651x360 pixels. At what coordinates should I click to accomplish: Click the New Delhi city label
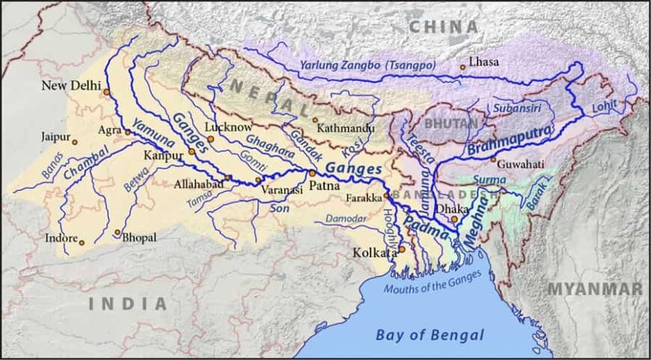pyautogui.click(x=70, y=85)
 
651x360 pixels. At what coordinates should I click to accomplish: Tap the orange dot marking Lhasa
pyautogui.click(x=462, y=67)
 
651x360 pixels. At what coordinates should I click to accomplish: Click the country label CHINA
pyautogui.click(x=443, y=27)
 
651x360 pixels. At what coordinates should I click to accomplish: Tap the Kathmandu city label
pyautogui.click(x=346, y=128)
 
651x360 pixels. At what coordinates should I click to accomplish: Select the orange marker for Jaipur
pyautogui.click(x=75, y=141)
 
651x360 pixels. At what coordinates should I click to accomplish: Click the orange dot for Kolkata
pyautogui.click(x=401, y=249)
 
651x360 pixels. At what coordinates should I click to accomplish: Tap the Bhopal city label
pyautogui.click(x=140, y=237)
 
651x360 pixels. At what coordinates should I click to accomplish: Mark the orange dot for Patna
pyautogui.click(x=312, y=173)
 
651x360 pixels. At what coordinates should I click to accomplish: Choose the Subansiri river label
pyautogui.click(x=516, y=109)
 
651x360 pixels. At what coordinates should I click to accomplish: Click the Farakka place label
pyautogui.click(x=364, y=198)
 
